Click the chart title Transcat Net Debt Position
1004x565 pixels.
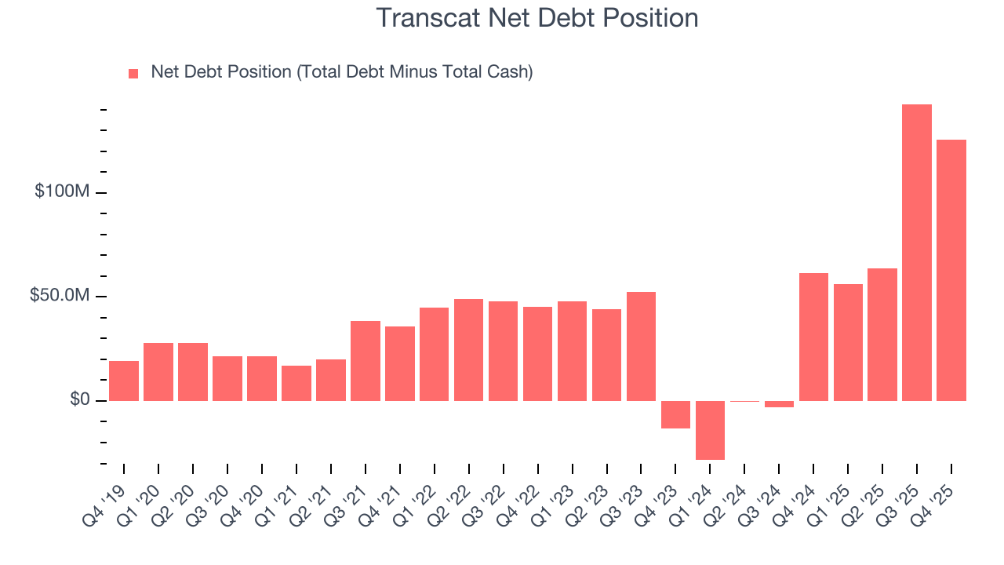point(537,18)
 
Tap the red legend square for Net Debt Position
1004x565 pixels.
point(133,73)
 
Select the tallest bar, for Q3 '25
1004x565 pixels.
point(916,251)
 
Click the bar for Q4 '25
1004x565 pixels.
point(951,270)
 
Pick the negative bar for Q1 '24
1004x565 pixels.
point(710,430)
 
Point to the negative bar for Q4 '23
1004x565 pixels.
point(675,414)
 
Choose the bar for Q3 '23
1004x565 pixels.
point(641,346)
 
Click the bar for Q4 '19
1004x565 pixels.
point(124,381)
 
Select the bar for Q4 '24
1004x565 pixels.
point(813,337)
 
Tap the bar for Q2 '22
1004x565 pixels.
point(468,350)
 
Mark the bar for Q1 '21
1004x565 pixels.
point(296,383)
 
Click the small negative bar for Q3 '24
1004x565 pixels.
point(779,404)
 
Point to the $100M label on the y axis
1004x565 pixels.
point(61,192)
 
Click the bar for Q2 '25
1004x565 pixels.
point(882,334)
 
